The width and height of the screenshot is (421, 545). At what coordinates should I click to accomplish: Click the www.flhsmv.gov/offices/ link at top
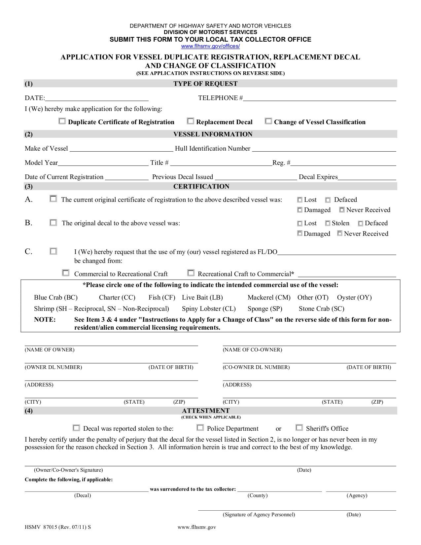(x=210, y=46)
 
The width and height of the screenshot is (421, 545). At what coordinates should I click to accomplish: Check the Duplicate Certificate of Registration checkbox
(x=62, y=121)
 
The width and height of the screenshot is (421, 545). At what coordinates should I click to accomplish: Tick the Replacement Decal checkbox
(x=191, y=121)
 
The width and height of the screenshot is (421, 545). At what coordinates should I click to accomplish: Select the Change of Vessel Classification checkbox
(x=268, y=121)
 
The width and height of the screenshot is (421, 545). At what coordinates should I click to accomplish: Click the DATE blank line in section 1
(x=97, y=98)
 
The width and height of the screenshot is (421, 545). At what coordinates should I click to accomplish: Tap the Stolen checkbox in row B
(x=328, y=224)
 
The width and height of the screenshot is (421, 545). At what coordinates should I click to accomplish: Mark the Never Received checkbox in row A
(x=342, y=210)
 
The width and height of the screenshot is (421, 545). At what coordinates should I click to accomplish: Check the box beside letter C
(x=53, y=251)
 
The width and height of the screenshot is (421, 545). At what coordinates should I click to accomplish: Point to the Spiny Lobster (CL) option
(x=209, y=309)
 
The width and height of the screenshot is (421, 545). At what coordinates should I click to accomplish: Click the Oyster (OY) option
(x=354, y=297)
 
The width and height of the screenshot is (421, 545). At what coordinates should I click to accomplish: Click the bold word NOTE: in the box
(x=45, y=319)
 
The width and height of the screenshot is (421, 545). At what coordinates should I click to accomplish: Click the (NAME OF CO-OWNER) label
(x=252, y=349)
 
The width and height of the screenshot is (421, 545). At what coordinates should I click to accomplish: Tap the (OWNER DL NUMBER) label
(x=53, y=367)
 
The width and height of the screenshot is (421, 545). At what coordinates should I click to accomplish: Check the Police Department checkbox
(x=200, y=428)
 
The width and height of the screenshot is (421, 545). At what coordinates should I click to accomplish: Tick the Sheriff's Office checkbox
(x=299, y=428)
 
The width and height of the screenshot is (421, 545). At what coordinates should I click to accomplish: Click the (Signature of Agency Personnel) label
(x=259, y=514)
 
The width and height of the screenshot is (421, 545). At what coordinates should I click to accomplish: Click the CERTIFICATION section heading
(x=201, y=186)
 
